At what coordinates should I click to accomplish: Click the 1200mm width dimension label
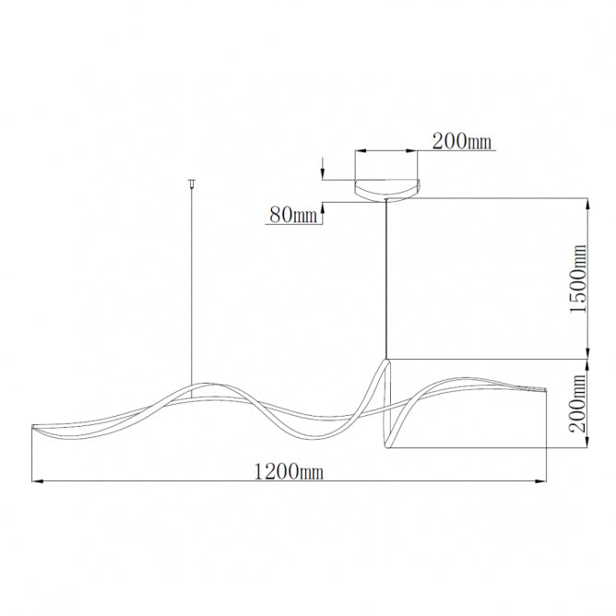click(x=289, y=471)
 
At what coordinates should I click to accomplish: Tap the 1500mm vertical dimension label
click(x=578, y=278)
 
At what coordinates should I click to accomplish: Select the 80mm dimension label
click(x=293, y=215)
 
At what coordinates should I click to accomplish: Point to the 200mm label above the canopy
click(x=462, y=141)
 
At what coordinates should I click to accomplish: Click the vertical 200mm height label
click(x=578, y=403)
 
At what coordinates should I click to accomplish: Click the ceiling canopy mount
click(x=387, y=190)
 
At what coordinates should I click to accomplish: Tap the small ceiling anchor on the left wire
click(x=192, y=183)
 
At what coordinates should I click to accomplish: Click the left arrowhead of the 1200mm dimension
click(x=37, y=480)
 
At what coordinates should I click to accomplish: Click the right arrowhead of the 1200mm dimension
click(x=541, y=480)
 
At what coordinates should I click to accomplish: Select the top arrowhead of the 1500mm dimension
click(x=586, y=204)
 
